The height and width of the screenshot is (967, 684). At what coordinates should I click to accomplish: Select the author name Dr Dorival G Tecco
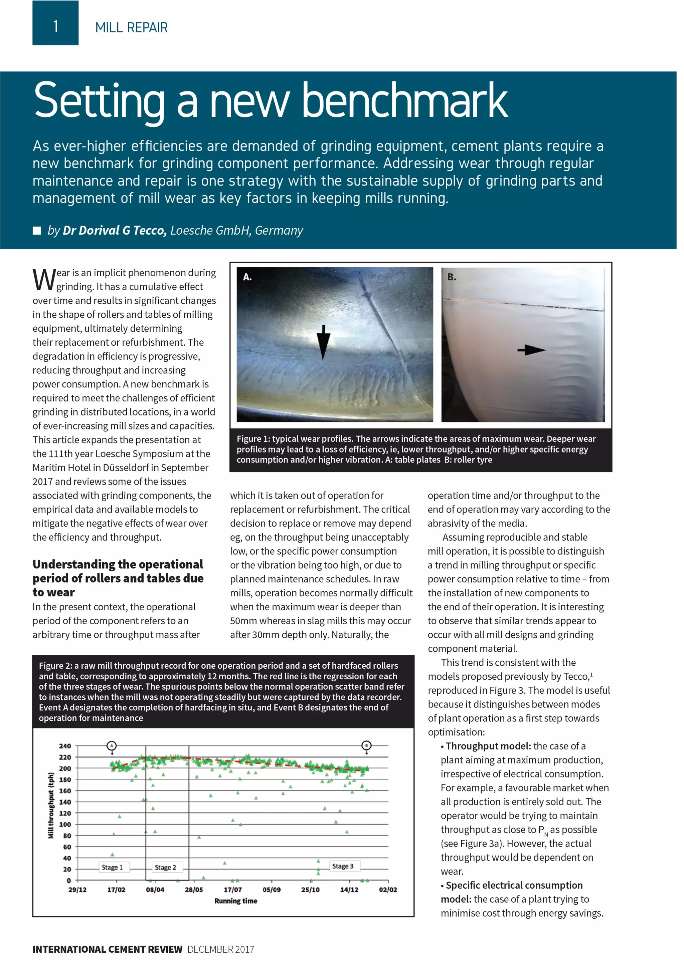click(115, 230)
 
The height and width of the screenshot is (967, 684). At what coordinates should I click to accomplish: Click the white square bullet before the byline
click(37, 230)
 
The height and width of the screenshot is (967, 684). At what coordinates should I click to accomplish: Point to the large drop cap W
click(44, 280)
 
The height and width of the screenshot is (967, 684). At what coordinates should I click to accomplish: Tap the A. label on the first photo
click(247, 277)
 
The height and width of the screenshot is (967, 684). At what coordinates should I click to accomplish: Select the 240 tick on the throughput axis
click(64, 746)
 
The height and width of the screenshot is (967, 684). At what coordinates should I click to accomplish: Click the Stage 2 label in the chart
click(165, 867)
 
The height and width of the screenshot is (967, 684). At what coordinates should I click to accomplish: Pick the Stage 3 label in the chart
click(342, 866)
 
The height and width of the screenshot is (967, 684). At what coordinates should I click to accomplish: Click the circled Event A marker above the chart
click(112, 746)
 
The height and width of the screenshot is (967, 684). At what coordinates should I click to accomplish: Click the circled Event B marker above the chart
click(366, 746)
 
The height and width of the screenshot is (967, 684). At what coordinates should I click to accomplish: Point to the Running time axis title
click(235, 901)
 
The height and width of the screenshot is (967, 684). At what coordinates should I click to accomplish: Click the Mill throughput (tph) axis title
click(51, 805)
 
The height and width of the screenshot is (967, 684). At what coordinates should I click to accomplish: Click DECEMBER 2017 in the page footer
click(220, 949)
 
